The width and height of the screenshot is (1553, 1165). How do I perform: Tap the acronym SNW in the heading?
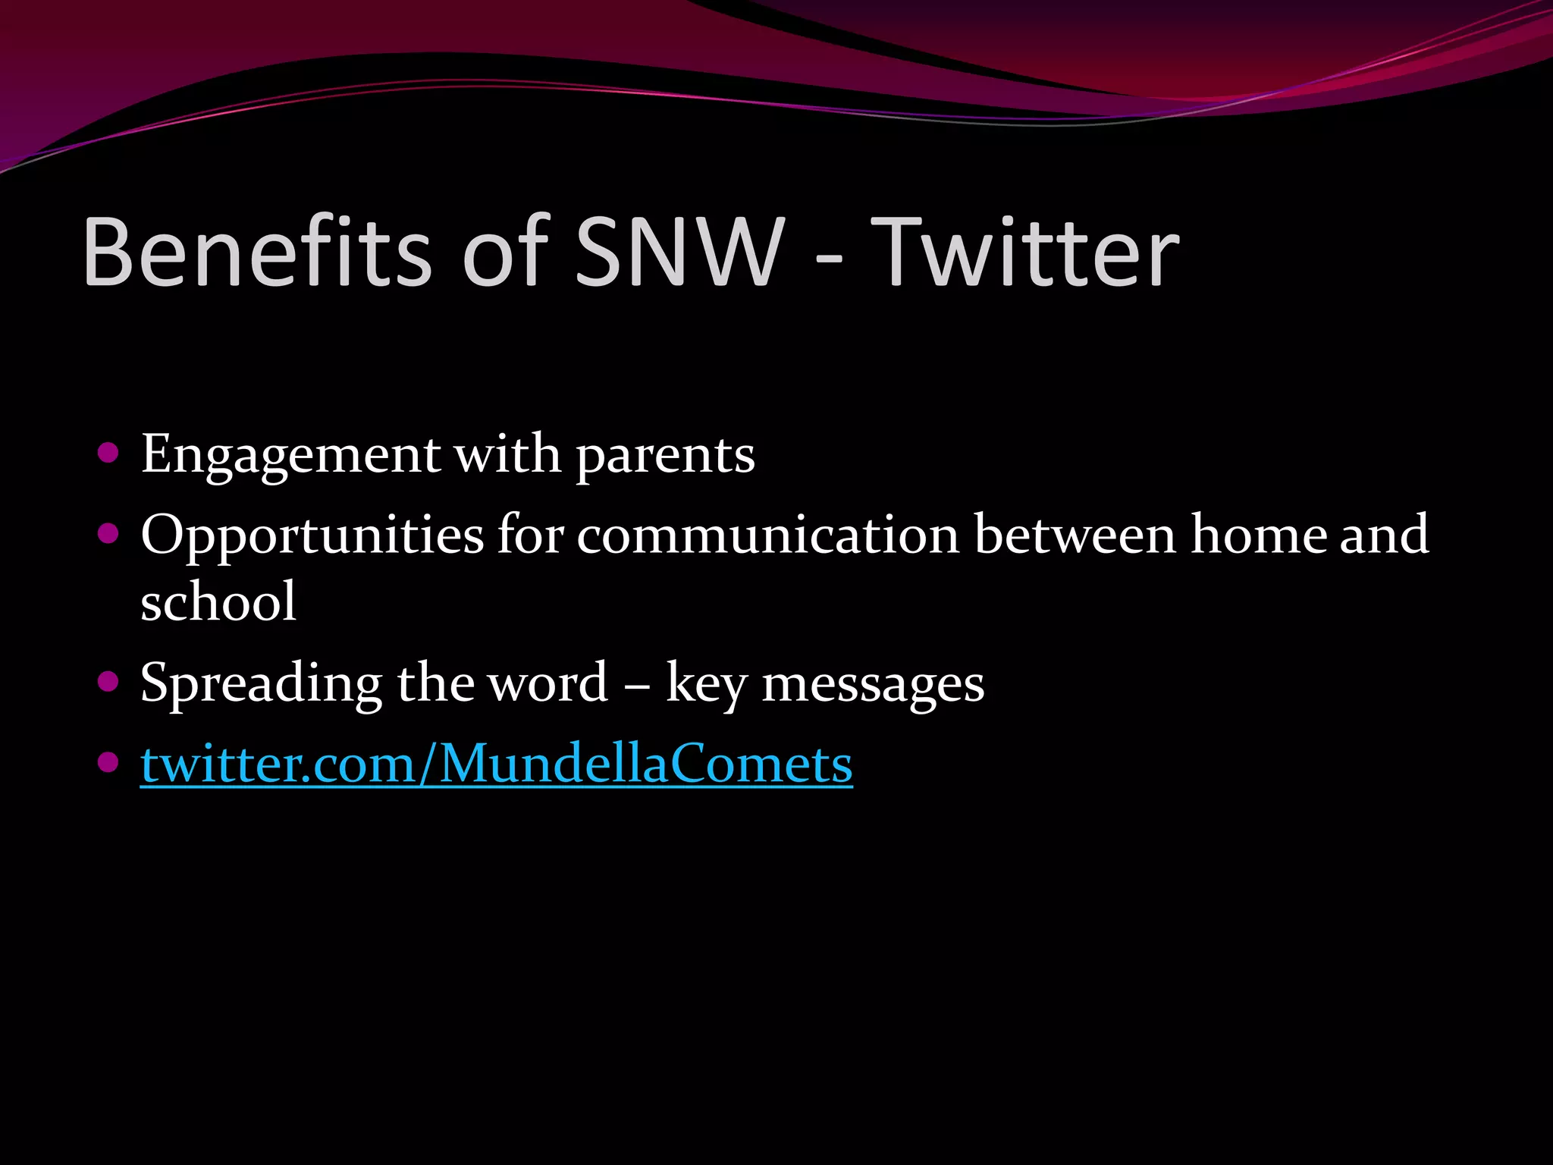click(x=679, y=252)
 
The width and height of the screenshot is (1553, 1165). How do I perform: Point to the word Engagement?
click(x=290, y=455)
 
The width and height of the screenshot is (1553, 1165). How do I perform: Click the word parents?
click(x=665, y=455)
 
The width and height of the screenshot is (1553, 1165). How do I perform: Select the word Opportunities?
click(x=312, y=535)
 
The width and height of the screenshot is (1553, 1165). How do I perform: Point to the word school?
click(x=218, y=601)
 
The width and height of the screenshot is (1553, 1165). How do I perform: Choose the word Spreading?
click(x=261, y=683)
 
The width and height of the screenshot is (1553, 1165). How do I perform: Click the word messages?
click(x=872, y=683)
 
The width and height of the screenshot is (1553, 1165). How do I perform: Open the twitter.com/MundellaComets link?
click(x=497, y=765)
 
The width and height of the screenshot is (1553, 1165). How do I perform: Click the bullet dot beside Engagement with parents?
click(x=109, y=453)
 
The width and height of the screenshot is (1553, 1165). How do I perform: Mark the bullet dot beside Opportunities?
click(x=109, y=534)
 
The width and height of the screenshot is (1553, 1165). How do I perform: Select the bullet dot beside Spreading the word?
click(x=109, y=681)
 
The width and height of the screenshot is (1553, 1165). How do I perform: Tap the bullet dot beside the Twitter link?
click(x=109, y=761)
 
